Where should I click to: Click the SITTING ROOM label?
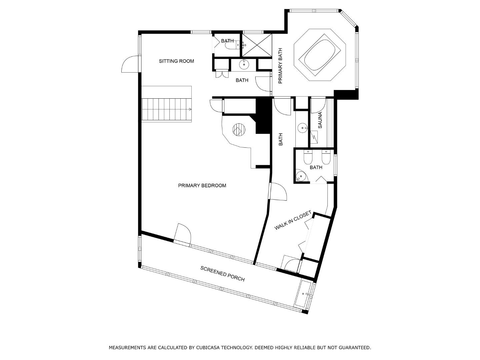click(176, 61)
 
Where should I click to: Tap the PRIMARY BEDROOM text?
click(202, 186)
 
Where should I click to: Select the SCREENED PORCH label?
click(222, 274)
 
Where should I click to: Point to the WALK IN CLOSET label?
click(293, 220)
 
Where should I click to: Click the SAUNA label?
click(320, 120)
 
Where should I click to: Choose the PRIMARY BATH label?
click(280, 66)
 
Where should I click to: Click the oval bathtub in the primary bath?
click(320, 55)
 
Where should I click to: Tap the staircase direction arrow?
click(190, 109)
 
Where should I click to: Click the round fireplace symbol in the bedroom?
click(239, 130)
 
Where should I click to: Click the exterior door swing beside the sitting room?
click(130, 64)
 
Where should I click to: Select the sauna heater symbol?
click(314, 137)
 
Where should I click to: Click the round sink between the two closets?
click(244, 65)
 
